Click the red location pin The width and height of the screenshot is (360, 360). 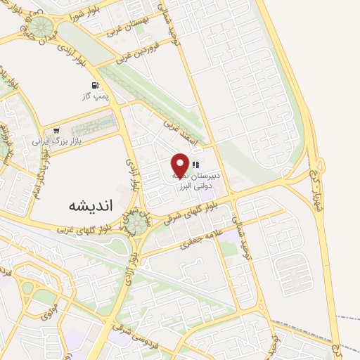pos(180,165)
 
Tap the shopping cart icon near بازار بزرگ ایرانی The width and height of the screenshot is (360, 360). pos(56,130)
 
